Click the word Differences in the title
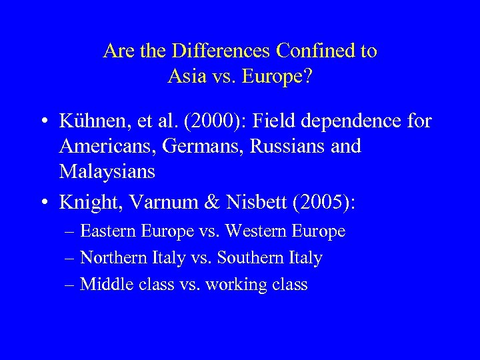pos(213,51)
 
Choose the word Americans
pos(103,146)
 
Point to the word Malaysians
pos(107,171)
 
